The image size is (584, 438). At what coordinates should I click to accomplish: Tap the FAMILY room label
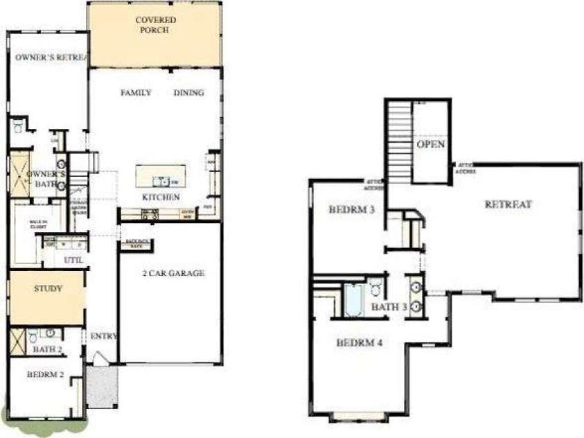[x=136, y=93]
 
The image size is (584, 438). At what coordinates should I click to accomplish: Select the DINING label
[x=188, y=93]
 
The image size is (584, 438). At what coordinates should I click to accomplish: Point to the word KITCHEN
[x=161, y=198]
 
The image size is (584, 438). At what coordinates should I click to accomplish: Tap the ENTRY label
[x=103, y=336]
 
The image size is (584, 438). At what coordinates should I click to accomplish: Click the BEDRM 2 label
[x=45, y=374]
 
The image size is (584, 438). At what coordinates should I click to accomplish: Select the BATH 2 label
[x=48, y=349]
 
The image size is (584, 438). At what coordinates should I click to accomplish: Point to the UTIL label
[x=73, y=260]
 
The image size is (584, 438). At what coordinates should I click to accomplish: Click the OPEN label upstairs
[x=430, y=144]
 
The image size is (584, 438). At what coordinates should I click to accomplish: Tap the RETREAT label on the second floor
[x=508, y=204]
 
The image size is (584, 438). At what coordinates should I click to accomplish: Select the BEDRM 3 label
[x=351, y=209]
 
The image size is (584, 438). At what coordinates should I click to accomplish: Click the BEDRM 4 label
[x=359, y=342]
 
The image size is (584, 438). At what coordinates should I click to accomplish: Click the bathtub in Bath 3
[x=353, y=299]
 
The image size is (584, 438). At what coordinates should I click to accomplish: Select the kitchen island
[x=161, y=175]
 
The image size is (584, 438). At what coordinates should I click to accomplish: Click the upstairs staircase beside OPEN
[x=398, y=142]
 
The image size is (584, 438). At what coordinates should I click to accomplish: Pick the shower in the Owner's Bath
[x=19, y=173]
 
